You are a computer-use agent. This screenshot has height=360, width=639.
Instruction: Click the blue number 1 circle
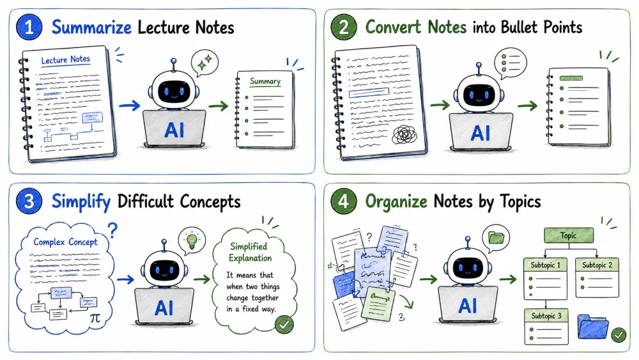29,27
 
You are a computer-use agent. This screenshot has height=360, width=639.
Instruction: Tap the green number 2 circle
344,27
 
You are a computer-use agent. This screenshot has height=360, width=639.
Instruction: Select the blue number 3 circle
29,201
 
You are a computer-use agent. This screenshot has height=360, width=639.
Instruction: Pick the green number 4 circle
344,201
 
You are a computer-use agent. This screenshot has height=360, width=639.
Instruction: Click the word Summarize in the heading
91,27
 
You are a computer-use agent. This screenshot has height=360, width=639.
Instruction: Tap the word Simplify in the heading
81,202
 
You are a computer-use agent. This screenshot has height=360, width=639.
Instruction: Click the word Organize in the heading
396,202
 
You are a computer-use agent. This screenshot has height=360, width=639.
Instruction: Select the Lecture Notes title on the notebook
66,60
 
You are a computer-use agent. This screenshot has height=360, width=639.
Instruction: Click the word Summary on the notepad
265,82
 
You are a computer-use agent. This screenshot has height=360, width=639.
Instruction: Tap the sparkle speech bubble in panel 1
204,63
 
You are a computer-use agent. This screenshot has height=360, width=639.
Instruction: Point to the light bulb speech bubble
192,240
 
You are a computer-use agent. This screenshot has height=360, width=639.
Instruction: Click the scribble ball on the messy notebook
404,135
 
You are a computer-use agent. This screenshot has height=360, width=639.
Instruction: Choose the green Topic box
569,235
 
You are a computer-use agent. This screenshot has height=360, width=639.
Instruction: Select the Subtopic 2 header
597,265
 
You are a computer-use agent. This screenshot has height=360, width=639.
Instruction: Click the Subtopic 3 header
546,316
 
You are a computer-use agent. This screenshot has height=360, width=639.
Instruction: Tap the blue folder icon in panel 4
593,327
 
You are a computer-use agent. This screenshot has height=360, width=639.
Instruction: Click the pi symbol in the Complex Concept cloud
95,318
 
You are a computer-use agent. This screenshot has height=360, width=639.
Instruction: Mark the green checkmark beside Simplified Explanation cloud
284,325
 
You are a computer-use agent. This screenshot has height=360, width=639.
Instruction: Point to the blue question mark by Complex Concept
113,230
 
